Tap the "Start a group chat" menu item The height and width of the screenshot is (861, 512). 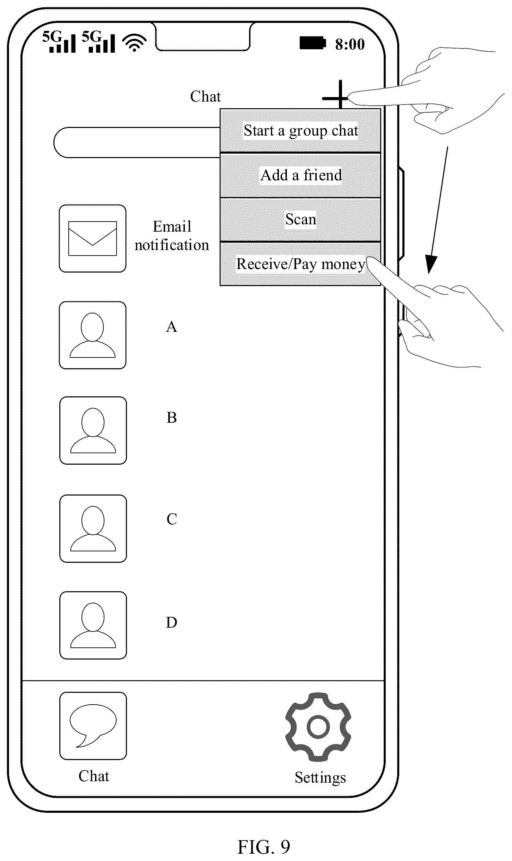[300, 131]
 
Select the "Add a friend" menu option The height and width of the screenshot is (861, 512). [300, 175]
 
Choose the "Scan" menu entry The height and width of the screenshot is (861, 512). [300, 219]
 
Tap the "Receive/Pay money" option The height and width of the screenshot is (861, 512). [300, 264]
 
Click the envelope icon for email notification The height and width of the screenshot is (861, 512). [93, 239]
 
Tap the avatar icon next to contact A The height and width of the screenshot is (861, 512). [93, 335]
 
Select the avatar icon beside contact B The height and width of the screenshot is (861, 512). [93, 430]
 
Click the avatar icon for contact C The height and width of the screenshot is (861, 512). [93, 528]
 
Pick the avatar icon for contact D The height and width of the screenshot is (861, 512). [93, 625]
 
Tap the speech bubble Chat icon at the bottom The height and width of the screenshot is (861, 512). [93, 726]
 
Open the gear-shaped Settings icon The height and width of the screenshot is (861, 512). [318, 727]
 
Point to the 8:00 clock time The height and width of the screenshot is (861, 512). [350, 44]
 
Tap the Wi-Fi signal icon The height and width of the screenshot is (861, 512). [135, 43]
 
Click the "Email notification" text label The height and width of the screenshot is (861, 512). [172, 236]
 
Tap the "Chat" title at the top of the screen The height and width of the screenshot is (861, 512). [205, 96]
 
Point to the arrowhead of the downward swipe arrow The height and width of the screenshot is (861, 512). [430, 265]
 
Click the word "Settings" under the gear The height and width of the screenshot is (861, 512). [321, 778]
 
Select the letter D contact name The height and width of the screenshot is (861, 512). [172, 623]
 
